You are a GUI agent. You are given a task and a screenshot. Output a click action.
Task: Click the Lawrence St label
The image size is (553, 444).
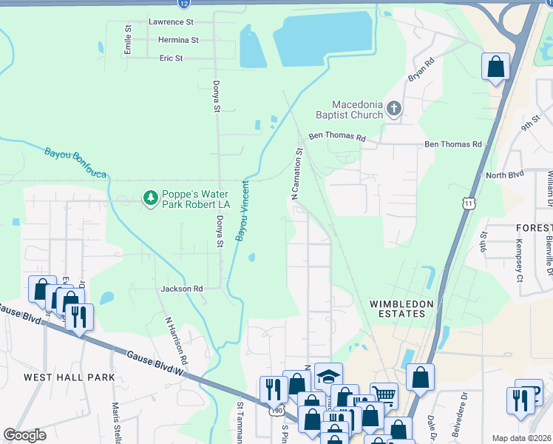(x=170, y=22)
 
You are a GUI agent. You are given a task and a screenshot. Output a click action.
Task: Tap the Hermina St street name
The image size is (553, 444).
(x=174, y=40)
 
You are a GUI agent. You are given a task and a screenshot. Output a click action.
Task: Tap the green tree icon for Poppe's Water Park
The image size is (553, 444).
(x=151, y=198)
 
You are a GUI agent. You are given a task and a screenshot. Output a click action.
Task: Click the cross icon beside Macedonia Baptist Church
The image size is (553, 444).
(x=394, y=110)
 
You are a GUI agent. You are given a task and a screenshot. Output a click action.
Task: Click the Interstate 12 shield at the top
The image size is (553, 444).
(x=183, y=4)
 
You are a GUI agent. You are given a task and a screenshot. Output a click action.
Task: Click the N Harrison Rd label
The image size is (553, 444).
(x=177, y=340)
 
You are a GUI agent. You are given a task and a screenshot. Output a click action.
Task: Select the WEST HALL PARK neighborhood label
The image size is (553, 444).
(x=69, y=377)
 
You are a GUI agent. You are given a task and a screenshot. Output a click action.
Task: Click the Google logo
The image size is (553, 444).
(x=24, y=435)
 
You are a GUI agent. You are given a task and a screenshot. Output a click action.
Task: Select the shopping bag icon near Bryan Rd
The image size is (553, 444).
(x=495, y=66)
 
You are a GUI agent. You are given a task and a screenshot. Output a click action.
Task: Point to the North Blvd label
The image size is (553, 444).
(x=503, y=175)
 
